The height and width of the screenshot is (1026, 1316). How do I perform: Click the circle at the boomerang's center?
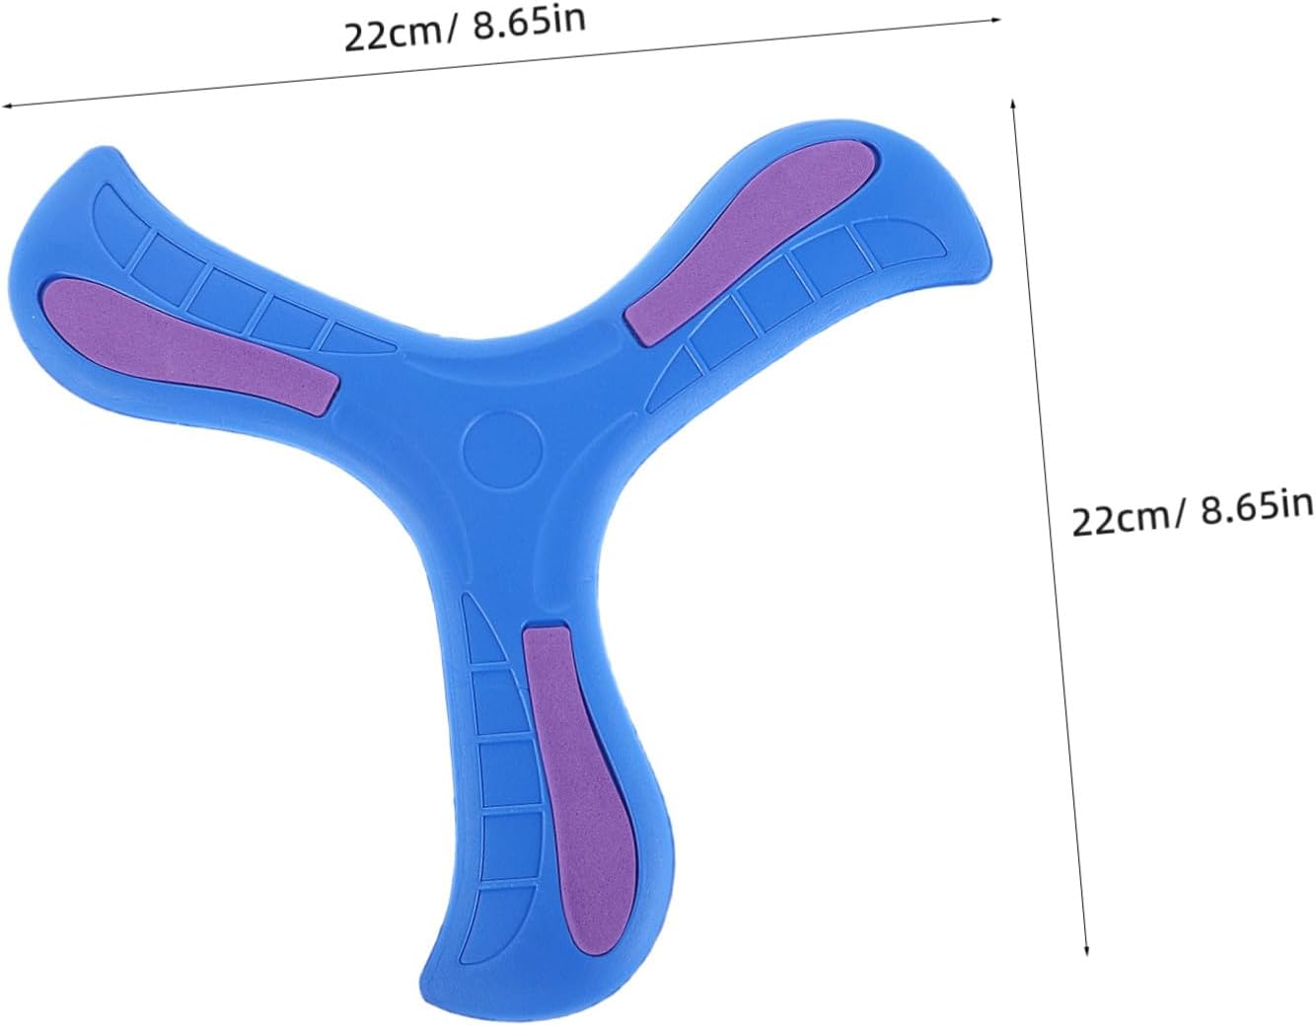tap(502, 450)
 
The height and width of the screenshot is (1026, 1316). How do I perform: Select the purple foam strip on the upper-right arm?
tap(751, 243)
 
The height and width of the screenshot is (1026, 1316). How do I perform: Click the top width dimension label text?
tap(465, 27)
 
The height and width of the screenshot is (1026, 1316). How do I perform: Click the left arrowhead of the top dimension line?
tap(7, 106)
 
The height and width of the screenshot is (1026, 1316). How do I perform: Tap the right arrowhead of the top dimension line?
tap(994, 20)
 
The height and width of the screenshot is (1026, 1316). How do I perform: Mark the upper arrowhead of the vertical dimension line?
tap(1012, 105)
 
